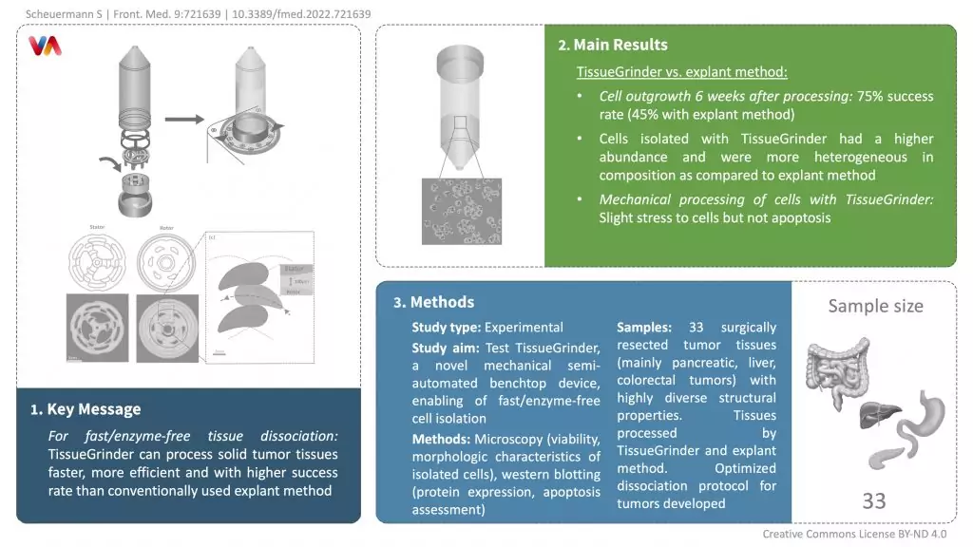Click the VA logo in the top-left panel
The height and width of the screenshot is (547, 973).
click(x=45, y=46)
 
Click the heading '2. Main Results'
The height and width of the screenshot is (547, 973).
click(x=613, y=45)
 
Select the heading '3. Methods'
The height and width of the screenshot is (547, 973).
click(x=433, y=302)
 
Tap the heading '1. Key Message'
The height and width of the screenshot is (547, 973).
click(x=85, y=409)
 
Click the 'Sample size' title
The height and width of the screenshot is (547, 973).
click(x=875, y=306)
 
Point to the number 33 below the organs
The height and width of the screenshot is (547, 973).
click(x=874, y=500)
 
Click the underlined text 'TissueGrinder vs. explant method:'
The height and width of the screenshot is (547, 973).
click(x=681, y=72)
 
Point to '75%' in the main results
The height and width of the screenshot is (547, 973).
click(x=872, y=96)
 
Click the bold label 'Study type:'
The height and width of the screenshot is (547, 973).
click(x=446, y=327)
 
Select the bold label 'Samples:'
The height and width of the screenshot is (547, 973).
click(x=644, y=327)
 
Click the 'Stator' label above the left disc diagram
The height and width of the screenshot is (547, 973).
click(x=97, y=227)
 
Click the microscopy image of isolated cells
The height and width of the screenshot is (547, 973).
click(x=462, y=211)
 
